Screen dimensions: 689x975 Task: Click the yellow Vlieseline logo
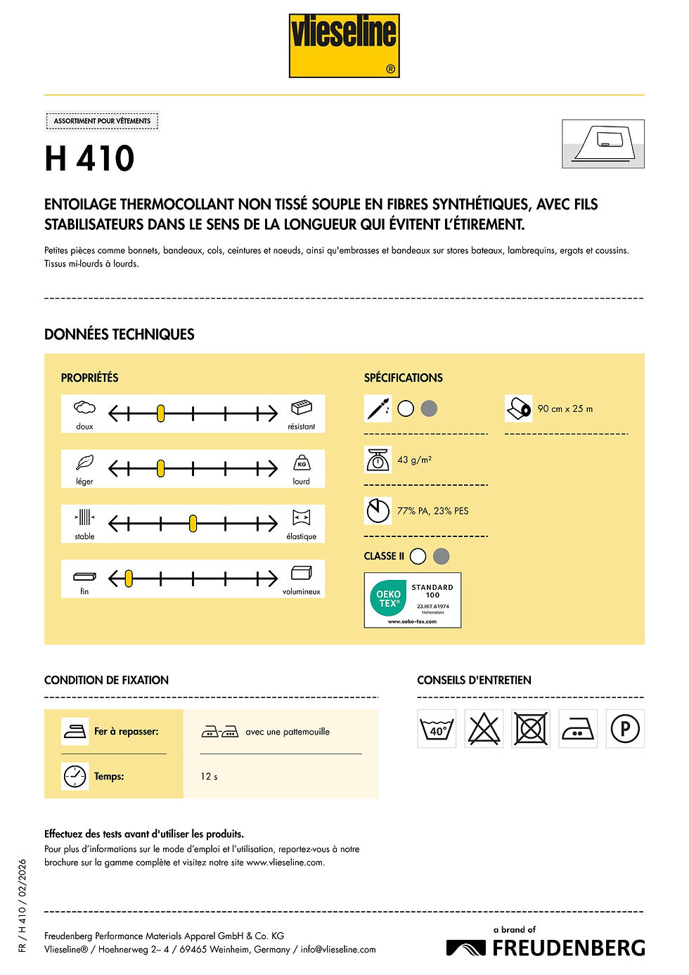[x=344, y=46]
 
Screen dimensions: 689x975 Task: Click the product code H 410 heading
[x=89, y=158]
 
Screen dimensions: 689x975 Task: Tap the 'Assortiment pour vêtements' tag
[x=102, y=121]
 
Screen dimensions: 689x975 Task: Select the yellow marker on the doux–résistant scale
[x=160, y=413]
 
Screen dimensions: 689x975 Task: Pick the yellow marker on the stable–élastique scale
[x=193, y=524]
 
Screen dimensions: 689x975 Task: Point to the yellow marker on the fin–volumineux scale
[x=129, y=579]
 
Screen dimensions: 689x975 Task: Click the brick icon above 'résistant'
[x=301, y=408]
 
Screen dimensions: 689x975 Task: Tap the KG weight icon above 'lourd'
[x=302, y=463]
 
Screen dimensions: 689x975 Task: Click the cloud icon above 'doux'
[x=84, y=408]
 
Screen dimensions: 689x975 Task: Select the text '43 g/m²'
[x=414, y=460]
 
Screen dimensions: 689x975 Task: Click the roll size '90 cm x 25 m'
[x=565, y=408]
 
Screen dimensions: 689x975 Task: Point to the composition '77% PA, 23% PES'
[x=432, y=511]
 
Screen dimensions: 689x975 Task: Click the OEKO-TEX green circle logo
[x=388, y=599]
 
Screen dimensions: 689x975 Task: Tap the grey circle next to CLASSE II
[x=442, y=556]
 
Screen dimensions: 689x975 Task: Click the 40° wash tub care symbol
[x=437, y=729]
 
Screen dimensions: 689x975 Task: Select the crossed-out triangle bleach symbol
[x=484, y=729]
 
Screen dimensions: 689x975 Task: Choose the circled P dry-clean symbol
[x=625, y=729]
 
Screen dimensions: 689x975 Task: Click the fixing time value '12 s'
[x=209, y=777]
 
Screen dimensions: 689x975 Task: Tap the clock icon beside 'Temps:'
[x=75, y=776]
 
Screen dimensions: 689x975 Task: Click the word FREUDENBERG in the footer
[x=569, y=948]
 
